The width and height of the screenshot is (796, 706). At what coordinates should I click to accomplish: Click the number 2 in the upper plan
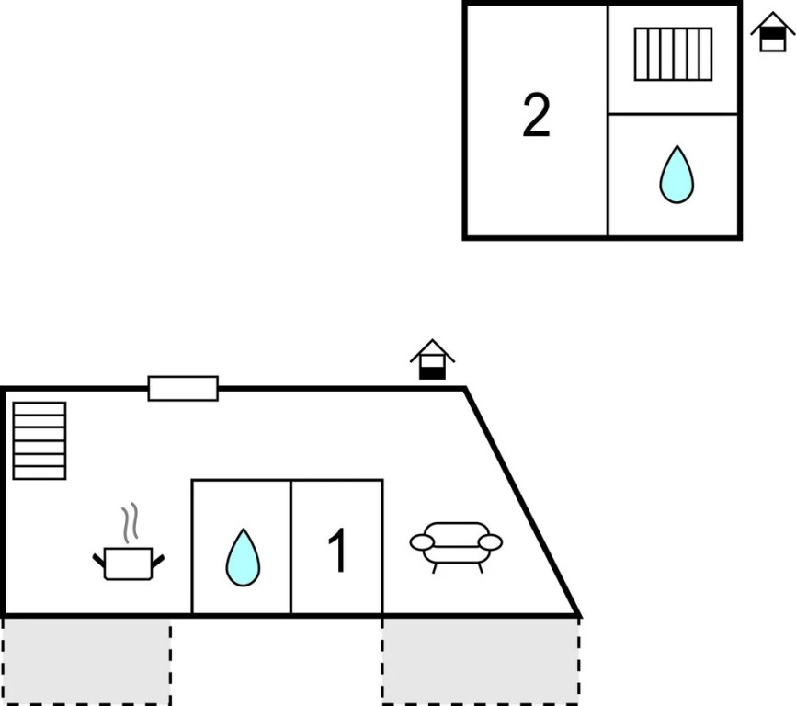tap(536, 117)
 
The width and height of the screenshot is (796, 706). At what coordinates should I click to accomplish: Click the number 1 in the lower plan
tap(338, 551)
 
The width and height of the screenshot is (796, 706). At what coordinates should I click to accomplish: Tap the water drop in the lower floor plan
tap(243, 557)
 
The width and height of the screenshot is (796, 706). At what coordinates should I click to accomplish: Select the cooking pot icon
tap(128, 562)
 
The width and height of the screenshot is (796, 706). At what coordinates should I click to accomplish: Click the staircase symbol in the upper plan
tap(673, 54)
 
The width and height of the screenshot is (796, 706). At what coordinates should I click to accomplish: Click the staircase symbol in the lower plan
tap(40, 440)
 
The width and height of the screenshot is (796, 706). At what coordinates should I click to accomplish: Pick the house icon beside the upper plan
tap(772, 33)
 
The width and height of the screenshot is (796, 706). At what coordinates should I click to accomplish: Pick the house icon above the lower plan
tap(432, 359)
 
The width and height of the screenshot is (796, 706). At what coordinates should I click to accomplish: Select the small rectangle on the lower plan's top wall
tap(183, 389)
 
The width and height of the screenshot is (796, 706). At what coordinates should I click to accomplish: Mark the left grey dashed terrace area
tap(85, 660)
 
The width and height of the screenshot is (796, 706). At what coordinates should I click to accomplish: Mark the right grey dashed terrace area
tap(480, 660)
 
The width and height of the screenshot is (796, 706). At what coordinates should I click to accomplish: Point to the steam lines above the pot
tap(132, 521)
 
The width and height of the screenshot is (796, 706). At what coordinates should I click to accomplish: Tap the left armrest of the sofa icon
tap(422, 542)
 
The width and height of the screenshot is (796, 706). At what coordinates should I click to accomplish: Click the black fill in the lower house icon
tap(432, 371)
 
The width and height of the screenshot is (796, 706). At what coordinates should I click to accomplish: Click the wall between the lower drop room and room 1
tap(291, 547)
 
